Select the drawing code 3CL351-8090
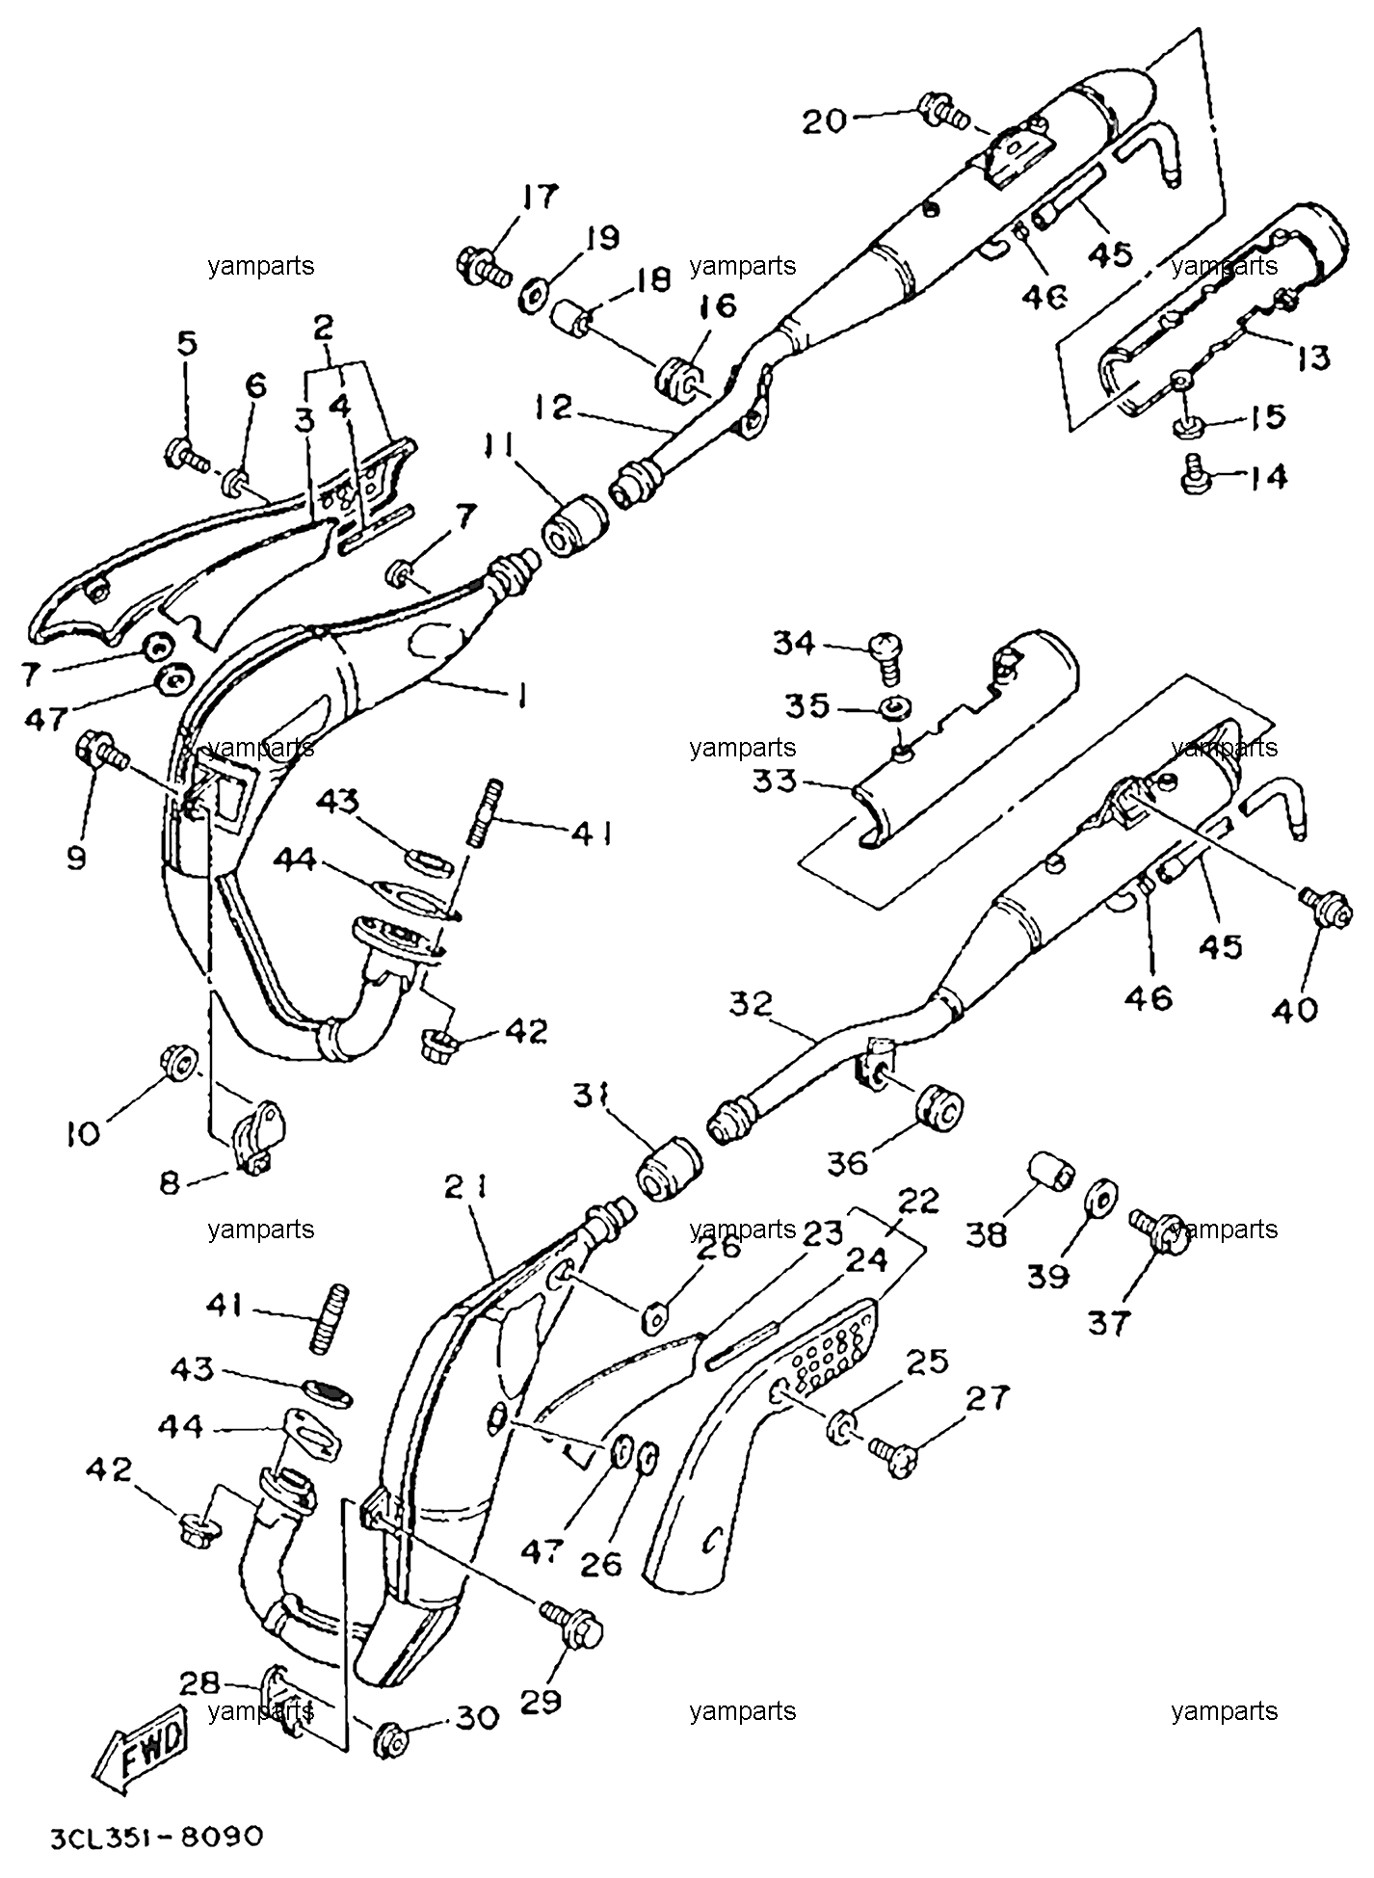pyautogui.click(x=156, y=1837)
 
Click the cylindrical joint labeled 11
pyautogui.click(x=573, y=525)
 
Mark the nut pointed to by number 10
pyautogui.click(x=179, y=1062)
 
